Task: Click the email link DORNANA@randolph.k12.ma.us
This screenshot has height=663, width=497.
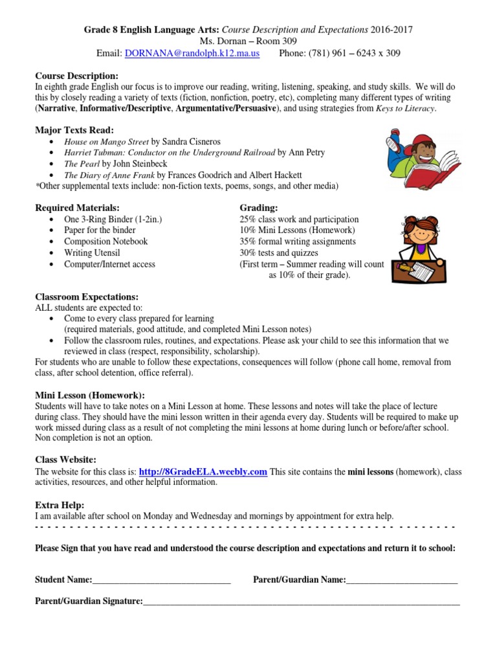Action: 192,53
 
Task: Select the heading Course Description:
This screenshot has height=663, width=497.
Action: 76,76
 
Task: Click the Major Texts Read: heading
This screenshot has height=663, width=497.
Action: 74,129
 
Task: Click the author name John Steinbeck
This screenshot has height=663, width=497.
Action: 140,164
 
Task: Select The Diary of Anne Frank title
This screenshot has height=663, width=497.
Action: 109,175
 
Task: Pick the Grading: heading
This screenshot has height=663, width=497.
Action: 259,208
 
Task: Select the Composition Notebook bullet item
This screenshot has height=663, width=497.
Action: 105,242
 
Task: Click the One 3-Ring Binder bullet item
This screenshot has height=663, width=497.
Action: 113,219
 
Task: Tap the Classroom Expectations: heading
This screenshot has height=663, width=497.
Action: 87,296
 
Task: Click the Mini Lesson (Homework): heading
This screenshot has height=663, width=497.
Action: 90,395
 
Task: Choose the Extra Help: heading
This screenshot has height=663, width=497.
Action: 60,504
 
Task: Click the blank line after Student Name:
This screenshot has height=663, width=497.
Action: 161,580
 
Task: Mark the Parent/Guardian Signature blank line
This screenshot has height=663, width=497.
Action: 301,602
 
